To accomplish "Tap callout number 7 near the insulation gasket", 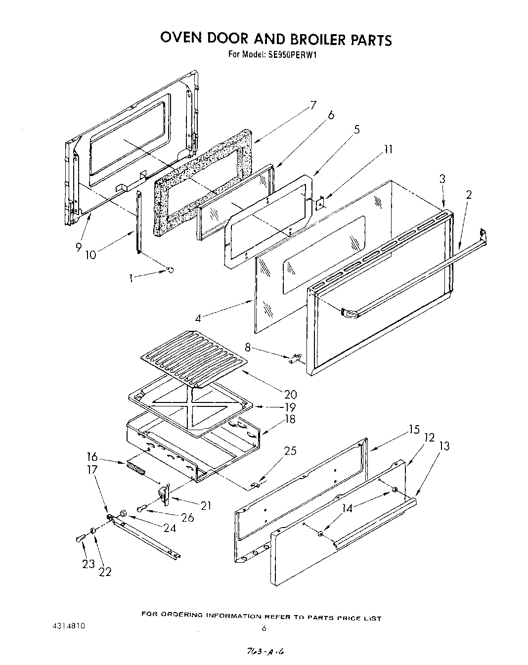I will (x=312, y=105).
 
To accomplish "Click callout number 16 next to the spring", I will (x=92, y=457).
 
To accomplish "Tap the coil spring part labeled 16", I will (x=135, y=468).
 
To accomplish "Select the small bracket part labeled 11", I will (x=320, y=203).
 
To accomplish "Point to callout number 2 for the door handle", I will (x=468, y=194).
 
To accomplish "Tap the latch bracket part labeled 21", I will (x=165, y=494).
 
